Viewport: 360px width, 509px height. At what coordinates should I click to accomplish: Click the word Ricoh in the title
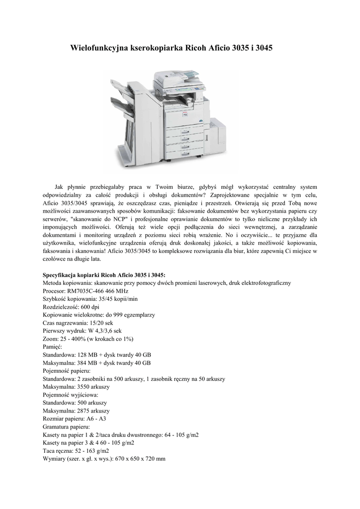click(x=197, y=49)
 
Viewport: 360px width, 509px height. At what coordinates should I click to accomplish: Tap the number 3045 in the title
click(x=264, y=49)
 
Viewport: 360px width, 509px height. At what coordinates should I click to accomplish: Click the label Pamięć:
click(x=53, y=346)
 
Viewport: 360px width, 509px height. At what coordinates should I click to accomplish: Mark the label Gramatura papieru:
click(x=67, y=427)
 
